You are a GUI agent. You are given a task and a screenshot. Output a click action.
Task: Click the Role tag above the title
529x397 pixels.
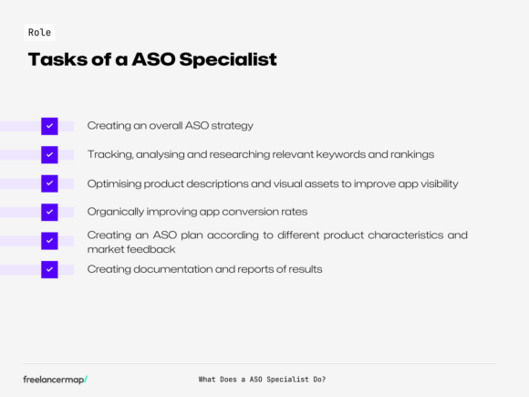point(39,32)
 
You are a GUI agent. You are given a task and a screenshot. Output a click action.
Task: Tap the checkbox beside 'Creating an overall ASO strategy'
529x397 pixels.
point(49,126)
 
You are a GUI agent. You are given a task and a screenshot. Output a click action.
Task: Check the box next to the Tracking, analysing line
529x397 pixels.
point(49,154)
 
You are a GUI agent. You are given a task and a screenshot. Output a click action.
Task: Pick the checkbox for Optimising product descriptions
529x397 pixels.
point(49,183)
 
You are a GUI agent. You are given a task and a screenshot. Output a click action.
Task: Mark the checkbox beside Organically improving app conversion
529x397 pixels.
point(49,212)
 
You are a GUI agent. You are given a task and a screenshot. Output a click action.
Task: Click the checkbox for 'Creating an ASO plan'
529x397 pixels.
point(49,241)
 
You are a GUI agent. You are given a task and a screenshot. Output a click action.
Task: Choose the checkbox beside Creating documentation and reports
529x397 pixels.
point(49,269)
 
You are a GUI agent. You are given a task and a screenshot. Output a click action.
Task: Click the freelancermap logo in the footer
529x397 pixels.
point(56,379)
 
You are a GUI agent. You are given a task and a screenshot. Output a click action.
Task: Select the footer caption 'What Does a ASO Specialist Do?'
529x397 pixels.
point(262,379)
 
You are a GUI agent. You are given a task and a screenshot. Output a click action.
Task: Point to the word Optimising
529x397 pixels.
point(115,183)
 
